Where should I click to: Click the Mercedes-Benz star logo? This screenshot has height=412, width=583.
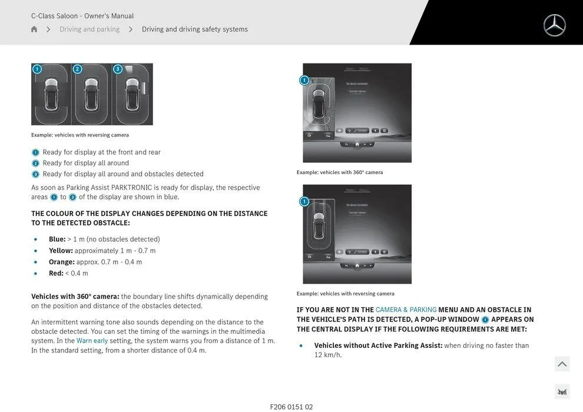click(x=554, y=25)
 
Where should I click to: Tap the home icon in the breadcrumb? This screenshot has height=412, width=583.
click(x=34, y=29)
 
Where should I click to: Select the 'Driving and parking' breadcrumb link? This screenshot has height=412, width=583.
click(x=90, y=29)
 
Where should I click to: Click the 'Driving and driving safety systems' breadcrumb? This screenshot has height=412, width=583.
click(x=195, y=29)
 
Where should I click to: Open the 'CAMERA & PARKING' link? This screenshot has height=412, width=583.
click(x=406, y=310)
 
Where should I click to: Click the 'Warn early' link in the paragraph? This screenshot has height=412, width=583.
click(x=92, y=341)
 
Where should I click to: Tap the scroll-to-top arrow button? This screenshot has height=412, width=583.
click(x=562, y=364)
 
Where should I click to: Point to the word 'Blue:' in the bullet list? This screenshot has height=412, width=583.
click(x=57, y=239)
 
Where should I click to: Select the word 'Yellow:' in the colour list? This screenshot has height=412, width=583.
click(x=61, y=250)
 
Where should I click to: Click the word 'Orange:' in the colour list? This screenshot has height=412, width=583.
click(x=62, y=262)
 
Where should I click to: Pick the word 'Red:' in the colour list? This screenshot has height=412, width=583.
click(x=56, y=273)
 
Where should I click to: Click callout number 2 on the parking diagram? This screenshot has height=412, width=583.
click(x=77, y=69)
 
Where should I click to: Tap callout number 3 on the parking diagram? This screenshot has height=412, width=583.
click(x=117, y=69)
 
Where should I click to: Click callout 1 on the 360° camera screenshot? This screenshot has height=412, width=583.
click(x=304, y=80)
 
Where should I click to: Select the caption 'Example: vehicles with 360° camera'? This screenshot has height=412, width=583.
click(x=340, y=172)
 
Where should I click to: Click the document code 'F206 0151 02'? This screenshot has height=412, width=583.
click(x=291, y=407)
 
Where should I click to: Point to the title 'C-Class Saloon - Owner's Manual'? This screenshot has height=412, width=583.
click(x=82, y=16)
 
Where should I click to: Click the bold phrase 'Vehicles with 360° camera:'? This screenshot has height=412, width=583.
click(x=75, y=297)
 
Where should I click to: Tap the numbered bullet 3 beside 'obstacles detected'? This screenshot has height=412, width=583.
click(x=35, y=174)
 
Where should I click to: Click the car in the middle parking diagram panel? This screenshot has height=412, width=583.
click(x=90, y=94)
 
